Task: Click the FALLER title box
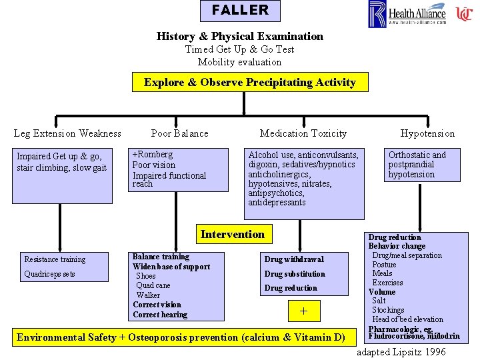(240, 11)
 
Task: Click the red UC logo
(464, 13)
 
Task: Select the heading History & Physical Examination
(239, 37)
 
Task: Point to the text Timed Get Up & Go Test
(239, 49)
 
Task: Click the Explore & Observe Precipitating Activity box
(249, 83)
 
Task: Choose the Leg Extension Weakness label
(67, 133)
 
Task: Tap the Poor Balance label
(179, 133)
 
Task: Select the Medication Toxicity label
(303, 133)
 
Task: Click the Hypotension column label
(427, 133)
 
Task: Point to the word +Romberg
(153, 155)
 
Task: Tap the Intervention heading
(232, 234)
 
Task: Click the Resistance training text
(55, 259)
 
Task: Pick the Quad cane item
(153, 285)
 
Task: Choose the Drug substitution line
(295, 274)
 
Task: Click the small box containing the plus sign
(303, 311)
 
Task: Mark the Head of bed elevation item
(407, 319)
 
